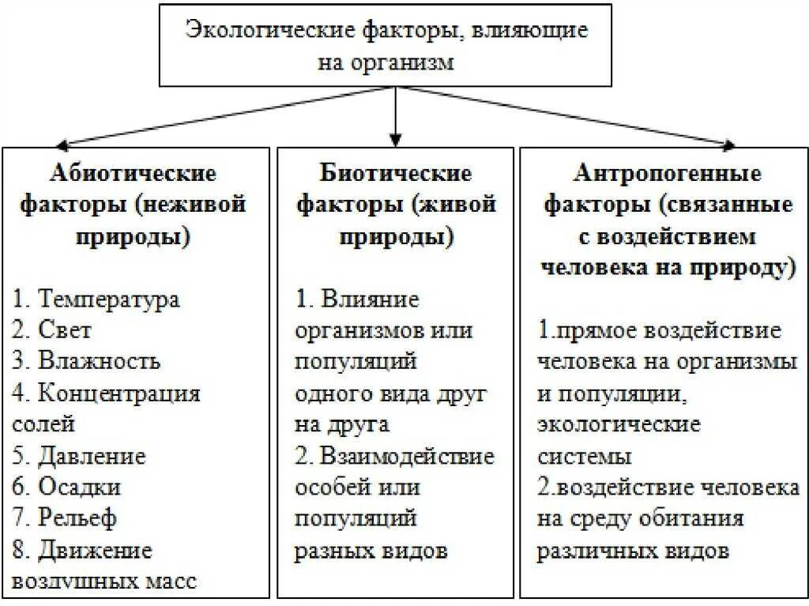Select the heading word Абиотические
click(x=134, y=172)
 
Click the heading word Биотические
click(x=396, y=172)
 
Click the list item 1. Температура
click(x=96, y=299)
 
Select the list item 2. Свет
click(x=53, y=330)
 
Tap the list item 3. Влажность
click(x=88, y=361)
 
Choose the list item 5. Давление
click(x=80, y=456)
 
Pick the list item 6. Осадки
click(x=67, y=487)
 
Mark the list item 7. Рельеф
click(x=66, y=518)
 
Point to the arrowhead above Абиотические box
click(x=59, y=145)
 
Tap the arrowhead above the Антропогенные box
click(x=728, y=144)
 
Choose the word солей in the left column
click(x=44, y=423)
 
